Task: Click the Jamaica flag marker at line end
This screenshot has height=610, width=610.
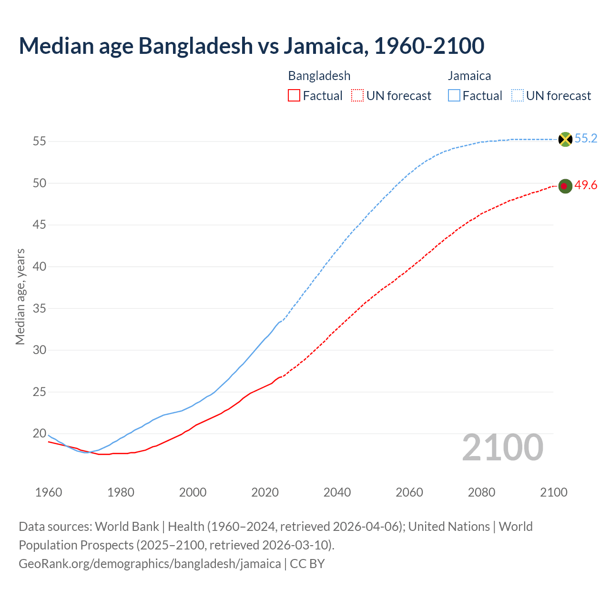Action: point(565,139)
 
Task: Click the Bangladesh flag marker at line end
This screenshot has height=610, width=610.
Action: point(565,186)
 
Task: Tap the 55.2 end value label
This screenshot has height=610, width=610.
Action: point(586,139)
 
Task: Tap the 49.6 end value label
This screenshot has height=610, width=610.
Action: point(586,185)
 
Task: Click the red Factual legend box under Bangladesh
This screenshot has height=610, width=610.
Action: point(294,96)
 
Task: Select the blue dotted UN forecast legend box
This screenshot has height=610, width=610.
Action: point(518,96)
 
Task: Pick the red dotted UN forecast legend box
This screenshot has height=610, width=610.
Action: point(357,96)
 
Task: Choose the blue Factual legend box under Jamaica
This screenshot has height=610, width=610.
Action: point(454,96)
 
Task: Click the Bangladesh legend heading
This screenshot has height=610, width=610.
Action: point(319,76)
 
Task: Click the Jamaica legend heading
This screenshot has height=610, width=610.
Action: point(469,76)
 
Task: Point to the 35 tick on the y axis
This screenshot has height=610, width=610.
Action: point(40,308)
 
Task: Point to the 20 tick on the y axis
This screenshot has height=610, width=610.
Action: point(40,434)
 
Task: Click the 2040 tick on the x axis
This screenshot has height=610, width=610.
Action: point(337,492)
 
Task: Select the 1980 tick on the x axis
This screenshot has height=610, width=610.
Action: point(121,492)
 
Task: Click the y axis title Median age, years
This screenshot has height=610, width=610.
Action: point(20,296)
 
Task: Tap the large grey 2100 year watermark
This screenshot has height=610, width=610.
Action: point(503,447)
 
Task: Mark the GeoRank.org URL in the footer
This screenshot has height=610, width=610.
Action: point(150,564)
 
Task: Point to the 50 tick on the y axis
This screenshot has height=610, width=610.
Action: point(40,183)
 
